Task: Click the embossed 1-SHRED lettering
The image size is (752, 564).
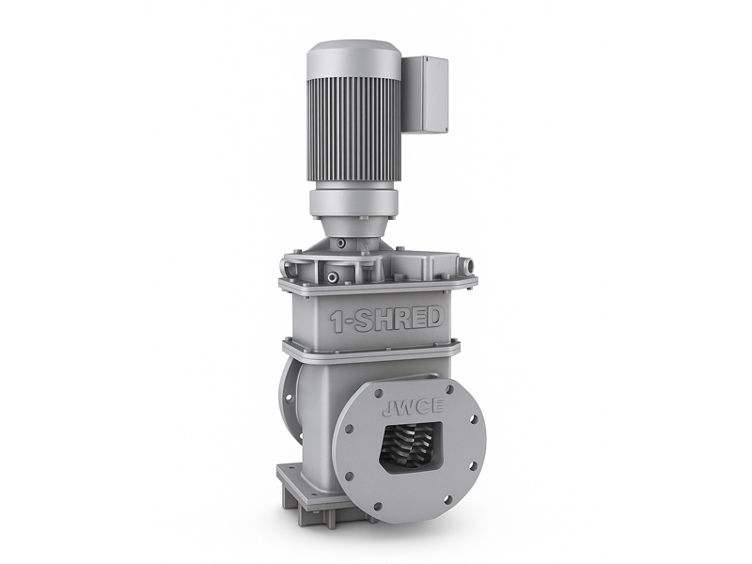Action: click(386, 320)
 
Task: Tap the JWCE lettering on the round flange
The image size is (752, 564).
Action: click(412, 408)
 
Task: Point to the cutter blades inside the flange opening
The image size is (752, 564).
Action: click(412, 445)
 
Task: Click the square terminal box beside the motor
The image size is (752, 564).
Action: click(425, 94)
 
